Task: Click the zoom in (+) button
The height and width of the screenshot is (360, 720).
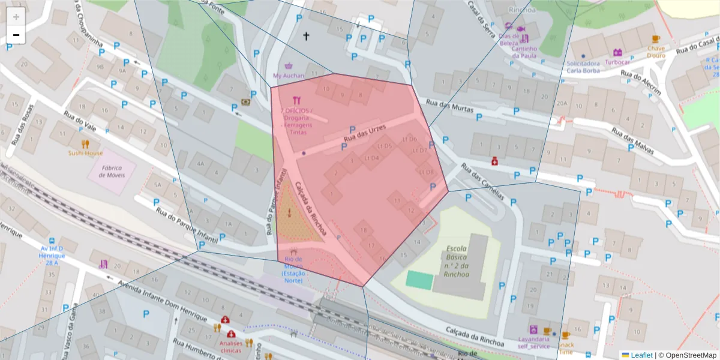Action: click(x=16, y=17)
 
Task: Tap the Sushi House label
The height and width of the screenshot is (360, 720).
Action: click(x=85, y=153)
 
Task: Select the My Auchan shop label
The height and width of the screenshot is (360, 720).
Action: click(x=289, y=76)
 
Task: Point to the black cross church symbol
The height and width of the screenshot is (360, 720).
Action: click(x=306, y=37)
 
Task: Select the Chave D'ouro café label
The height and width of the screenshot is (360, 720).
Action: click(x=656, y=52)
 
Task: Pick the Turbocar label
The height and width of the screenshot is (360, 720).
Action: click(x=617, y=62)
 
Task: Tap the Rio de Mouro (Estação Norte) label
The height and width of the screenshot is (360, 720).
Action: click(x=293, y=269)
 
